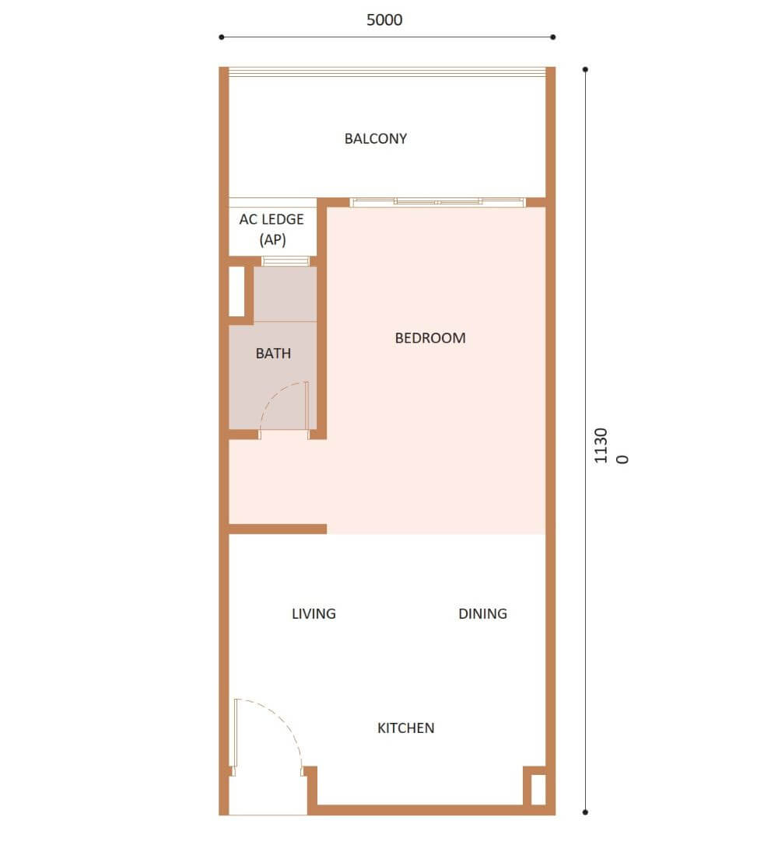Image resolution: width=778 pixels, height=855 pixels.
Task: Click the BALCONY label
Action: pyautogui.click(x=376, y=138)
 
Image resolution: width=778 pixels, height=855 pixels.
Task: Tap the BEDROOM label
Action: pyautogui.click(x=430, y=338)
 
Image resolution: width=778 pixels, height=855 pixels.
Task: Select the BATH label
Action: pyautogui.click(x=273, y=354)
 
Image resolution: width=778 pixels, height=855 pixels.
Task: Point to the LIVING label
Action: pyautogui.click(x=314, y=613)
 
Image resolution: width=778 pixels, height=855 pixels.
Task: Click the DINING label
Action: pyautogui.click(x=482, y=613)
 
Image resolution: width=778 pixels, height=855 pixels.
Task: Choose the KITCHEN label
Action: pyautogui.click(x=405, y=728)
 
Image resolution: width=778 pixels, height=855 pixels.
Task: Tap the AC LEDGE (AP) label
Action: pyautogui.click(x=272, y=229)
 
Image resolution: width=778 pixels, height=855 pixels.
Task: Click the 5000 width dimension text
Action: pyautogui.click(x=384, y=20)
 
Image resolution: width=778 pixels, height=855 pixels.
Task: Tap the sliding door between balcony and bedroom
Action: pyautogui.click(x=437, y=202)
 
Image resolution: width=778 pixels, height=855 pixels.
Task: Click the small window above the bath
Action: pyautogui.click(x=286, y=260)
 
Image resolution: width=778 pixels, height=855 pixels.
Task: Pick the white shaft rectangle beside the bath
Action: pyautogui.click(x=237, y=291)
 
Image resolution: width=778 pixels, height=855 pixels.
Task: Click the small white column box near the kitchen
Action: pyautogui.click(x=538, y=789)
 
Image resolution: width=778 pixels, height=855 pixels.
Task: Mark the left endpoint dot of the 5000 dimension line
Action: pyautogui.click(x=221, y=37)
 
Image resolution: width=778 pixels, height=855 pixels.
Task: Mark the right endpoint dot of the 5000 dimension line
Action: pyautogui.click(x=553, y=37)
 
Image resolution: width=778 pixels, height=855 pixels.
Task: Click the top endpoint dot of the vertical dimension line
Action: pyautogui.click(x=585, y=69)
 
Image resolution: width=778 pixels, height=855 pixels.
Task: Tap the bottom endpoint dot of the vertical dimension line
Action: pyautogui.click(x=585, y=812)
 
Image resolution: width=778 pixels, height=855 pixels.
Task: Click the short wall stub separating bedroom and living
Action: pyautogui.click(x=278, y=529)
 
